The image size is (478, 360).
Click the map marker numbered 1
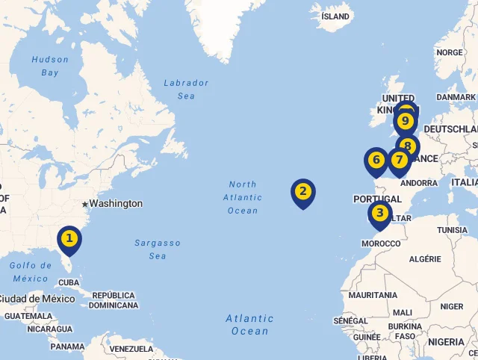tap(69, 239)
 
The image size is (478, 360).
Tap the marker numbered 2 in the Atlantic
tap(302, 191)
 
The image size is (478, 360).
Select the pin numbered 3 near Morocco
tap(380, 214)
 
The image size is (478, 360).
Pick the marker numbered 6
tap(376, 160)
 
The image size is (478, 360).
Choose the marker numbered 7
tap(399, 160)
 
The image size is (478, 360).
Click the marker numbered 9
tap(406, 120)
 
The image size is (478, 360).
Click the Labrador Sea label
tap(186, 89)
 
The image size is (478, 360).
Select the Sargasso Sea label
tap(157, 249)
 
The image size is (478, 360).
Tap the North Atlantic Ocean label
tap(243, 197)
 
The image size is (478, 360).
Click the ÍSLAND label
tap(335, 16)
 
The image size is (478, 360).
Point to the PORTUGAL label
tap(377, 199)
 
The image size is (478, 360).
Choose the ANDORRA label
tap(419, 183)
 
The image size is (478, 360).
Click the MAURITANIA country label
tap(372, 295)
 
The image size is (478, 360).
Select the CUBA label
tap(69, 282)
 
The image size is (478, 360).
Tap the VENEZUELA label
tap(131, 349)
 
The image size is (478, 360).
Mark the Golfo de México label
tap(30, 272)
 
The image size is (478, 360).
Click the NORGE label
tap(449, 53)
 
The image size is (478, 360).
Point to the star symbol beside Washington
tap(85, 204)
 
